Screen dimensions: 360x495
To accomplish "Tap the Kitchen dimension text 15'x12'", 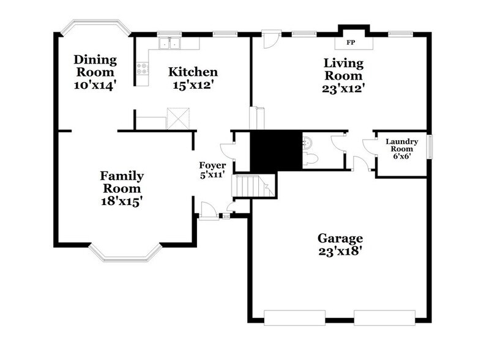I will click(193, 85).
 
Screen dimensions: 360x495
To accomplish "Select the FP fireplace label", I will click(351, 43).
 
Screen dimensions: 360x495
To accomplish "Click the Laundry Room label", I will click(401, 146).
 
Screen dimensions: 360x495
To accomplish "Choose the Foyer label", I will click(212, 165).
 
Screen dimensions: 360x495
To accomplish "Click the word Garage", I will click(340, 238).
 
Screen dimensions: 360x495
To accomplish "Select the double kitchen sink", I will click(168, 43).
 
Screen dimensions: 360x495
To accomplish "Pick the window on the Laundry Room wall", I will click(430, 148).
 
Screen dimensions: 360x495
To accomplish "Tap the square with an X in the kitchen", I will click(178, 119).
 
